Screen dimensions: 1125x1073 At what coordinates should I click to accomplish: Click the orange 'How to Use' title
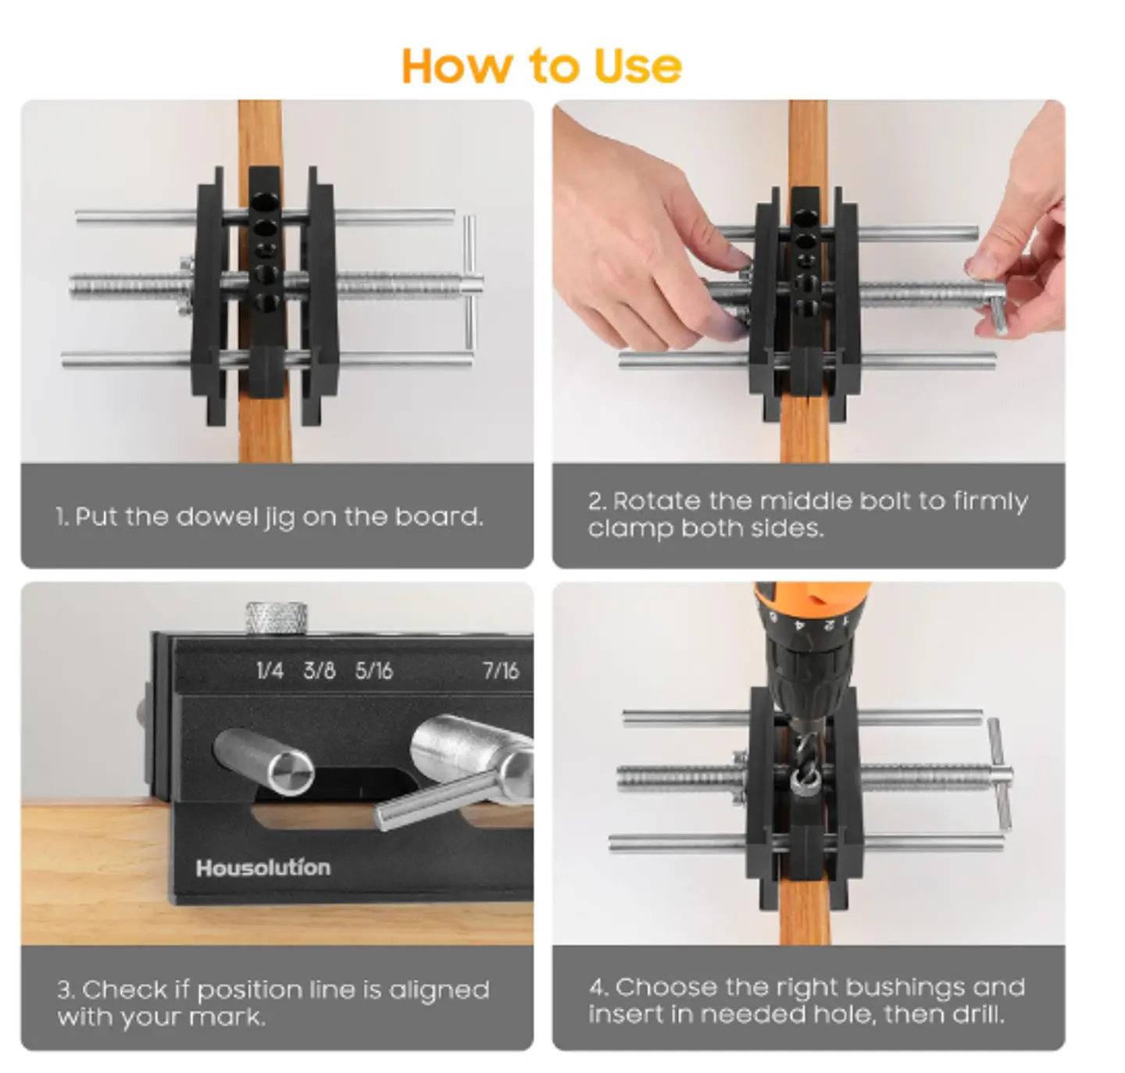click(x=541, y=66)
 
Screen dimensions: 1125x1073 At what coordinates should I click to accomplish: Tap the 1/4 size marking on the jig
click(x=270, y=670)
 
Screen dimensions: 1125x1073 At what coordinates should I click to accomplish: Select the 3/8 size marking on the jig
click(x=320, y=670)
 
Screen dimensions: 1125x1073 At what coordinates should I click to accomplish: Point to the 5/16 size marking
click(x=373, y=670)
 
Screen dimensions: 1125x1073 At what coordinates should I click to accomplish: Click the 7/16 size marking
click(x=501, y=670)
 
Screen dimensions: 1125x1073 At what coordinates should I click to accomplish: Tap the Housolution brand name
click(x=263, y=868)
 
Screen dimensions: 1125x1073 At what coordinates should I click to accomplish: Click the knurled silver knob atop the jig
click(x=277, y=618)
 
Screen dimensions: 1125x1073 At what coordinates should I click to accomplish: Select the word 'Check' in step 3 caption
click(x=125, y=989)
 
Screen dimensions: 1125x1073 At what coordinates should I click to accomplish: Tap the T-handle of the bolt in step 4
click(x=998, y=773)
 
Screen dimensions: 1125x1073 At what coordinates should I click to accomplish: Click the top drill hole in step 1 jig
click(x=264, y=202)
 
